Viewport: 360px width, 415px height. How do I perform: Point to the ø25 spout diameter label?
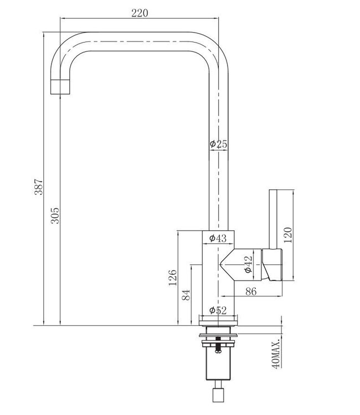(x=218, y=144)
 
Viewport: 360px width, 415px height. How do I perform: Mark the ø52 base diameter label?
(x=218, y=310)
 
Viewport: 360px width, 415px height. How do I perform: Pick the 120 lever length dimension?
(x=286, y=235)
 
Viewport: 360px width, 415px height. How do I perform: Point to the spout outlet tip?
(x=61, y=87)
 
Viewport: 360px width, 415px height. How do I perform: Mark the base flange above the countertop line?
(x=219, y=320)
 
